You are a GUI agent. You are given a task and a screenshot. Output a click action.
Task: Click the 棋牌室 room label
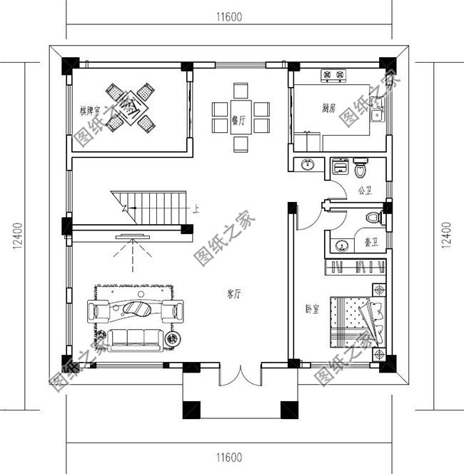click(91, 111)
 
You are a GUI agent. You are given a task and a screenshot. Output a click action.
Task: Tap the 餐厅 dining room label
click(239, 121)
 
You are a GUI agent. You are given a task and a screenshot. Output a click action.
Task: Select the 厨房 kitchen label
click(329, 109)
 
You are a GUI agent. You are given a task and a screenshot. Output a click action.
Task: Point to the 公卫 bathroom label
click(366, 191)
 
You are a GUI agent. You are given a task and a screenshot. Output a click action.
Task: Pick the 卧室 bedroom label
click(312, 308)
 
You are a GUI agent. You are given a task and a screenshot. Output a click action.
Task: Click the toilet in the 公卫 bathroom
click(361, 168)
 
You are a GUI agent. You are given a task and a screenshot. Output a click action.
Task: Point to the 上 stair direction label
click(196, 209)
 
